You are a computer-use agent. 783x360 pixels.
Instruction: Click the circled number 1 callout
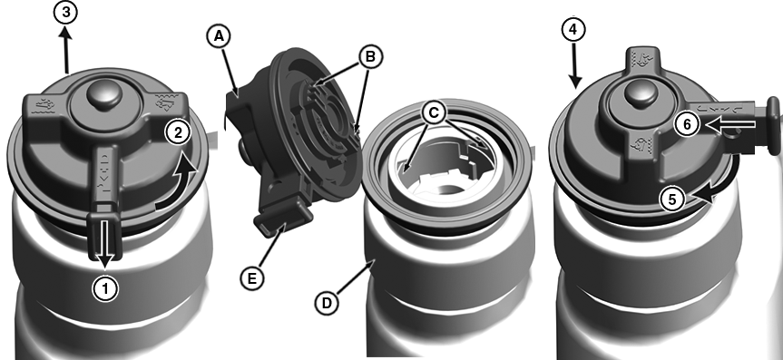(106, 288)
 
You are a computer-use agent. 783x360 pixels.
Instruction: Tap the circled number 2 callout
(178, 132)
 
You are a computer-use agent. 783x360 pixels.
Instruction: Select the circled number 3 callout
(65, 13)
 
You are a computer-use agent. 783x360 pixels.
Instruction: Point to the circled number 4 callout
(573, 29)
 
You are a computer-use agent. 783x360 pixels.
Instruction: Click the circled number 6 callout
(687, 125)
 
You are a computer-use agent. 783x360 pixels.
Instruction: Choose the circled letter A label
(218, 37)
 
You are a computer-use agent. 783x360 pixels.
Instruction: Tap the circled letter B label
(369, 57)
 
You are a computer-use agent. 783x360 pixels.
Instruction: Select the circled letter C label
(433, 113)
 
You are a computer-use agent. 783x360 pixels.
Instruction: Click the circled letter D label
(328, 303)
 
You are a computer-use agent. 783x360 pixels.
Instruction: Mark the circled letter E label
(251, 278)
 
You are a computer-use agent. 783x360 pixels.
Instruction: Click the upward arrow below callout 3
(66, 50)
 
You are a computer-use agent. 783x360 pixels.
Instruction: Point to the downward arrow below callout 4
(574, 66)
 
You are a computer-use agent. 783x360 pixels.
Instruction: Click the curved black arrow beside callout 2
(178, 185)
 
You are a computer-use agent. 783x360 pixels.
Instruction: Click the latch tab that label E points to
(283, 220)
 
